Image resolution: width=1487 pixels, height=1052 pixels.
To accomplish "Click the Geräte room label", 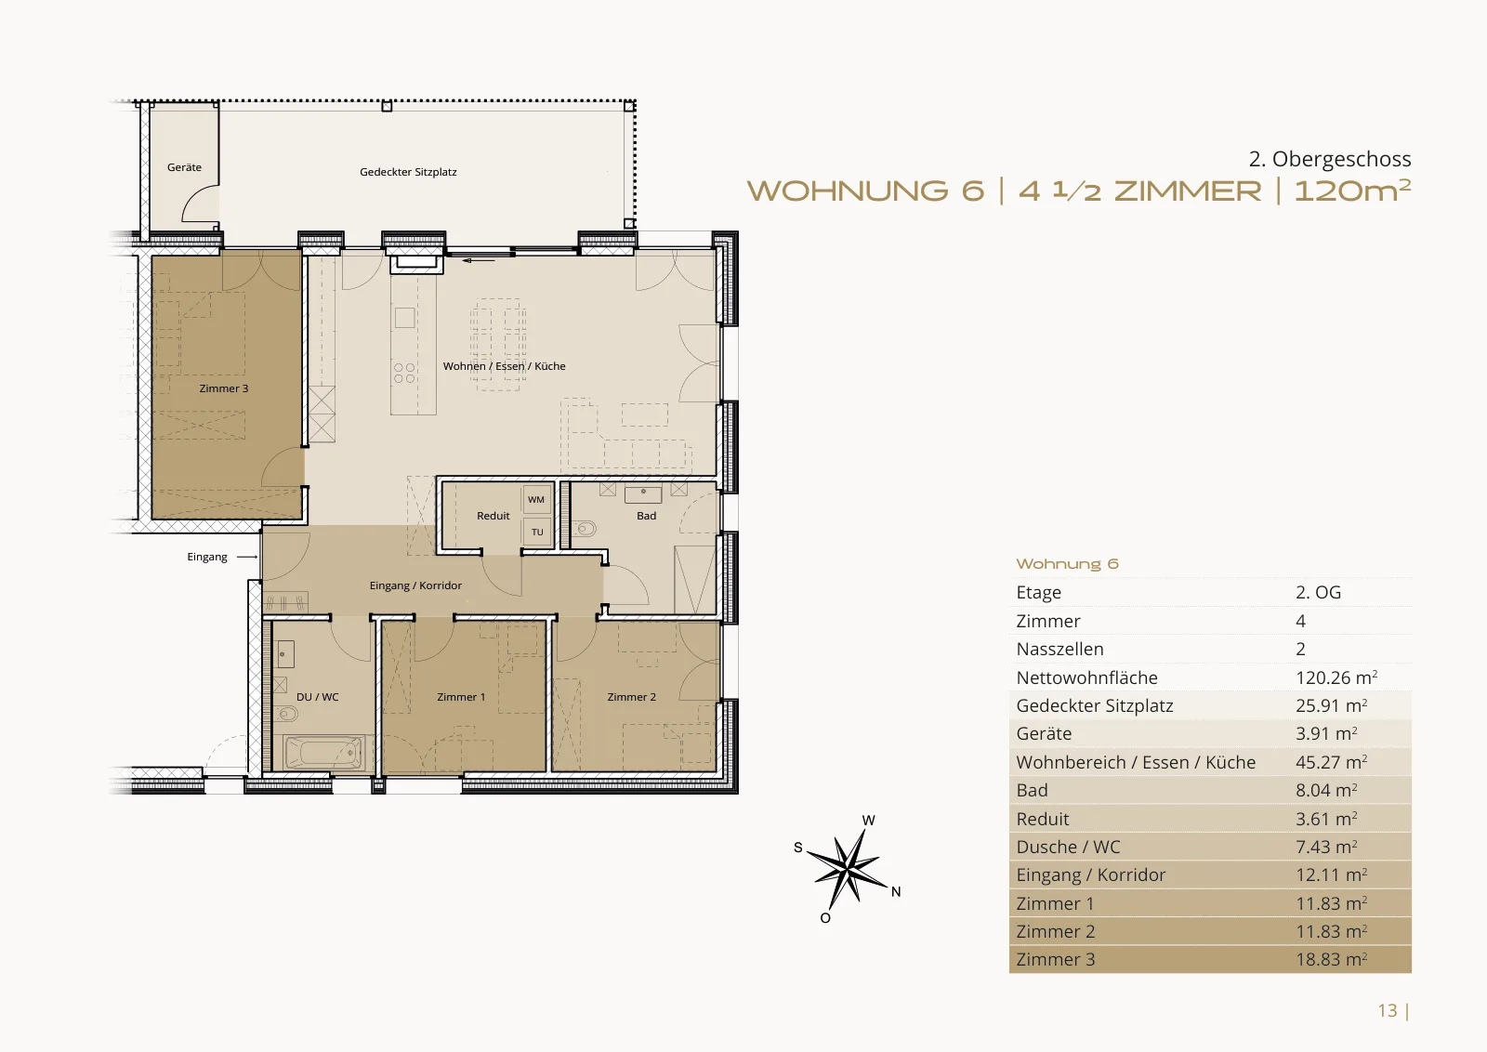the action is point(184,167).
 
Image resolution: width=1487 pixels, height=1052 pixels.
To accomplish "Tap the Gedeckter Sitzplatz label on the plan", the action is point(408,172).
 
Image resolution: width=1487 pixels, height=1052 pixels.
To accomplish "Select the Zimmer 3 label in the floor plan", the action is point(224,388).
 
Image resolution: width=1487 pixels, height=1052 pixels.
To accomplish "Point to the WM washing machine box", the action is point(536,500).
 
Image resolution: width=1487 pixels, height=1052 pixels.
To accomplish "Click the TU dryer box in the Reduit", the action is point(537,532).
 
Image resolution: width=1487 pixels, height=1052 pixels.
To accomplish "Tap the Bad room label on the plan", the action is point(646,516).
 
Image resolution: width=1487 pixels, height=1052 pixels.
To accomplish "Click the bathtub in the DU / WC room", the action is point(324,753).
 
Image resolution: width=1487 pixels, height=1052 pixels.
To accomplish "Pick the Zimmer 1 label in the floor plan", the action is point(461,697).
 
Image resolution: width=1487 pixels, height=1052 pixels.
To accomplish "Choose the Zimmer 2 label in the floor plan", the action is point(631,697).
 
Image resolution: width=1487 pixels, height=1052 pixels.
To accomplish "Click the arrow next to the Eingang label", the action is point(247,557).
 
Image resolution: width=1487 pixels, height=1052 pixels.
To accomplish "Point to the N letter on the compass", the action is point(896,892).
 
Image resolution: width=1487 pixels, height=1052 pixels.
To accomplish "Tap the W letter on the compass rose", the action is point(868,821).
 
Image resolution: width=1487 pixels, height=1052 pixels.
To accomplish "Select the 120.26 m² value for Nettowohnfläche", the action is point(1336,677).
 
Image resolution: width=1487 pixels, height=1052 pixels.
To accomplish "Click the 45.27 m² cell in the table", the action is point(1331,762).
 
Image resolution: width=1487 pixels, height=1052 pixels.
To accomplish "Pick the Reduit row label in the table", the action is point(1042,819).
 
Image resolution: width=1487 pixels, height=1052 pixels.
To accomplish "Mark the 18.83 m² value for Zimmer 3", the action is point(1331,959).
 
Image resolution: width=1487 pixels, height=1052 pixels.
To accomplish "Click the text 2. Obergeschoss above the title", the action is point(1330,159).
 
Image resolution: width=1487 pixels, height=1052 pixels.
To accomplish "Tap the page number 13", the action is point(1387,1010).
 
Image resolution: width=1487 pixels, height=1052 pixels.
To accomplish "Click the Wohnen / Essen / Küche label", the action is point(504,366).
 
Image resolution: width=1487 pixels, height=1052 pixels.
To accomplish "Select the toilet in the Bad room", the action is point(585,529).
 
